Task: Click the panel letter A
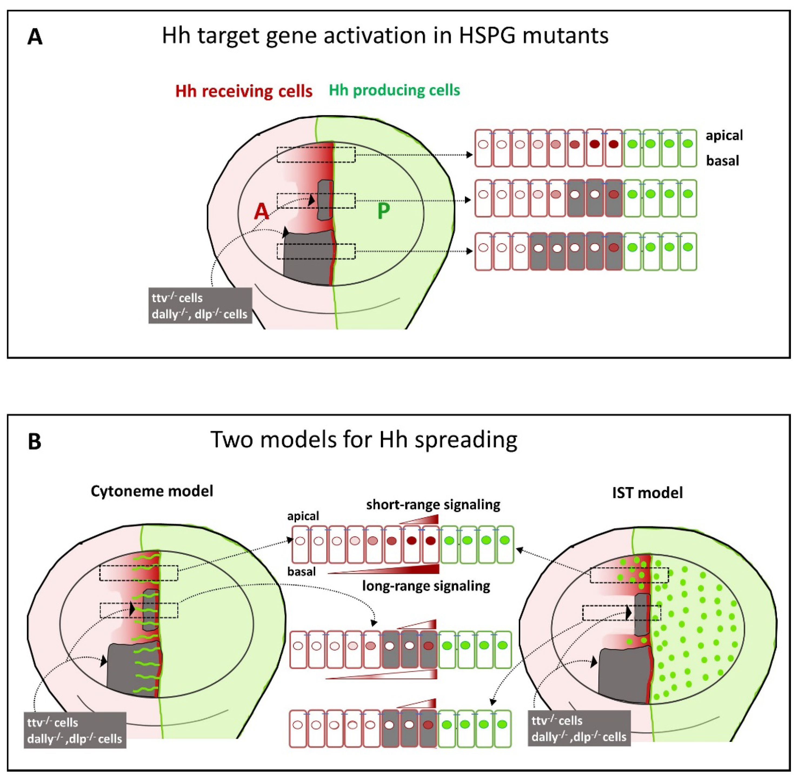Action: pos(35,37)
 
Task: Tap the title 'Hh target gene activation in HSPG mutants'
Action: pos(385,36)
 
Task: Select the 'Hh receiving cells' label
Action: pos(244,91)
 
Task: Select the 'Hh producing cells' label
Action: pos(394,90)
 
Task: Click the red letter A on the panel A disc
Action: pos(261,212)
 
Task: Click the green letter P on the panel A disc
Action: pos(383,211)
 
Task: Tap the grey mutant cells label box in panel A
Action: pos(200,306)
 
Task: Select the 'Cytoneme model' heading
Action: pos(152,491)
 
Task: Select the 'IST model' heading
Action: pos(647,492)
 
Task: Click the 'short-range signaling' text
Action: pos(433,505)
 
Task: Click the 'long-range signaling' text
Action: pos(426,586)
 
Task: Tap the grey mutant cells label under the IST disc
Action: pos(579,729)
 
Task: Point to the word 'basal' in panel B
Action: pos(301,571)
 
